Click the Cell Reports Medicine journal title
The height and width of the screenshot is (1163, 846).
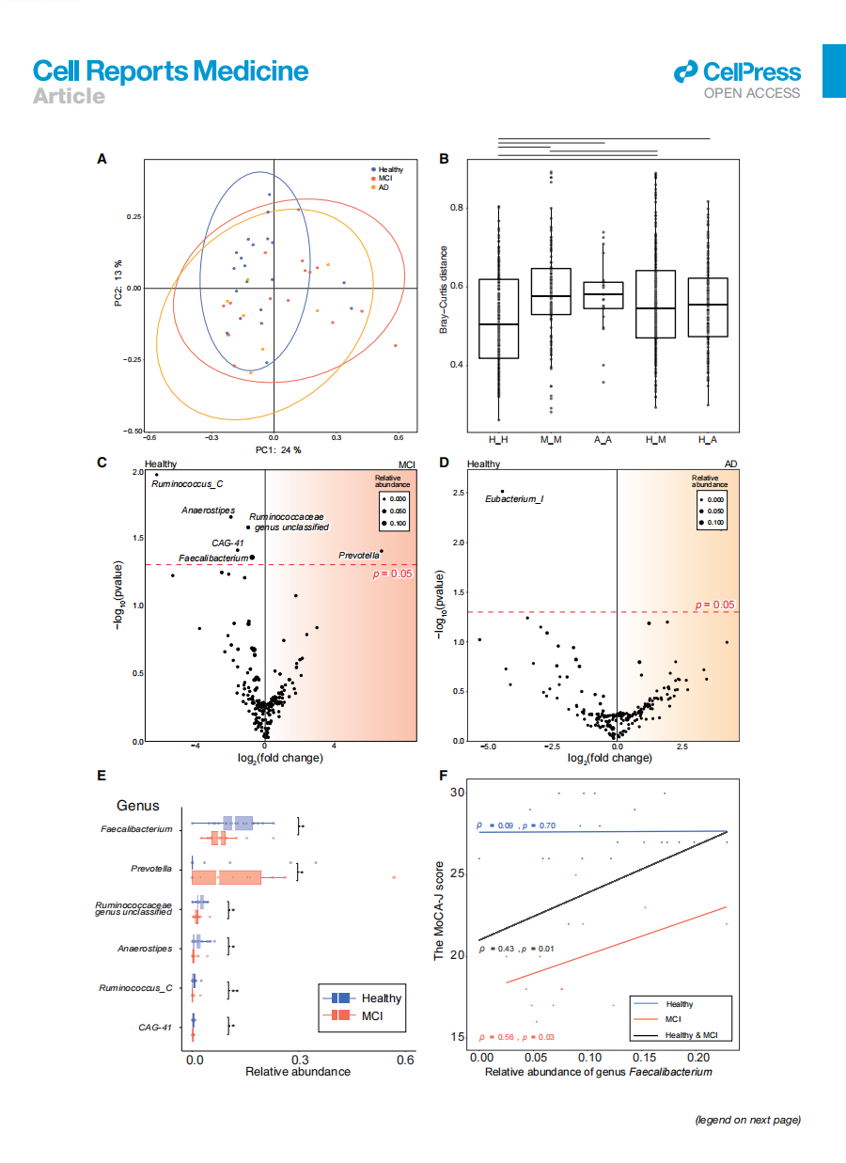pyautogui.click(x=170, y=71)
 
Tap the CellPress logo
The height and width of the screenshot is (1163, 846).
pyautogui.click(x=738, y=73)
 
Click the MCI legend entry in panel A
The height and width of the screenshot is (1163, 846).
pyautogui.click(x=384, y=178)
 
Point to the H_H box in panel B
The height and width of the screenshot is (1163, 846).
pyautogui.click(x=498, y=319)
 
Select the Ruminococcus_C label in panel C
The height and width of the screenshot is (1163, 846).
pyautogui.click(x=187, y=484)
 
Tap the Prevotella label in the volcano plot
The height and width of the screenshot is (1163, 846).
pyautogui.click(x=358, y=556)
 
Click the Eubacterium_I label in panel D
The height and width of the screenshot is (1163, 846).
pyautogui.click(x=514, y=498)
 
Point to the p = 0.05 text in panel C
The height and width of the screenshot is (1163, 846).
pyautogui.click(x=394, y=573)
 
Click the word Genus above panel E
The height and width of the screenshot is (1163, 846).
pyautogui.click(x=138, y=806)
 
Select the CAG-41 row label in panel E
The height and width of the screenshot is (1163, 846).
pyautogui.click(x=155, y=1028)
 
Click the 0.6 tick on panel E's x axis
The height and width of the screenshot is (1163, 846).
pyautogui.click(x=404, y=1059)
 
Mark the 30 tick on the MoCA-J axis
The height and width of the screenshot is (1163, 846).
pyautogui.click(x=457, y=793)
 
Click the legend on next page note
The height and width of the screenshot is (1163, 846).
pyautogui.click(x=747, y=1120)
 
